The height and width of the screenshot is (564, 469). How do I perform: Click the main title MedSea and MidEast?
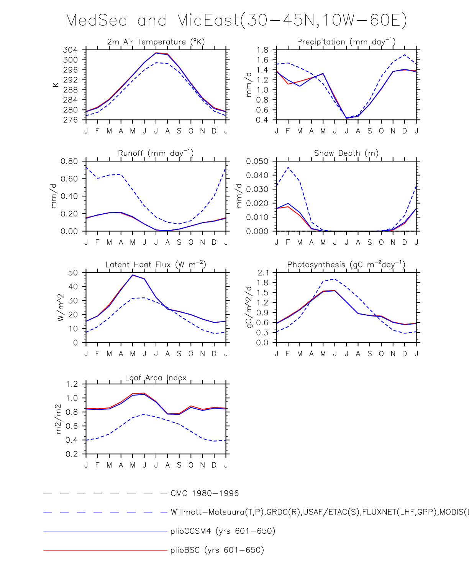[x=236, y=20]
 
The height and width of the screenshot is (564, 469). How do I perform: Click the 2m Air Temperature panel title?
[x=156, y=41]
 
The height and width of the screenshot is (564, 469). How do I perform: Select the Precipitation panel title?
[x=346, y=41]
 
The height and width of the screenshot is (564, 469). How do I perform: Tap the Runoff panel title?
[x=156, y=153]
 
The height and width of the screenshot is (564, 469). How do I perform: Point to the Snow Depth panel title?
[x=346, y=153]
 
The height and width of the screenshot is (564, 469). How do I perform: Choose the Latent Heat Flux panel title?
[x=156, y=264]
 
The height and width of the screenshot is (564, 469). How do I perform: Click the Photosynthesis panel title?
[x=346, y=264]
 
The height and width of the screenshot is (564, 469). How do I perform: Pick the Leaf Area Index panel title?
[x=156, y=378]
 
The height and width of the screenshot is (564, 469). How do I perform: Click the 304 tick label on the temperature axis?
[x=70, y=50]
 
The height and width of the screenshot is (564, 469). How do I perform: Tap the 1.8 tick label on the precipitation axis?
[x=262, y=50]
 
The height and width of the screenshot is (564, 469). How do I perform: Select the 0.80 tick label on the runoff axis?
[x=69, y=161]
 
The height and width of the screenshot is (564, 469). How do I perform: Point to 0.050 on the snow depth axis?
[x=257, y=161]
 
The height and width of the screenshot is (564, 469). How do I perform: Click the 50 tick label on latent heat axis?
[x=73, y=273]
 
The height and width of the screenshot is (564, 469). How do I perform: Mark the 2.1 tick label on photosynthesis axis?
[x=263, y=273]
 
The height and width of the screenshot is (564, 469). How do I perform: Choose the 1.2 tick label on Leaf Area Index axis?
[x=72, y=384]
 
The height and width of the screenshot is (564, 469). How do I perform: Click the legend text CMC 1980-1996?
[x=205, y=493]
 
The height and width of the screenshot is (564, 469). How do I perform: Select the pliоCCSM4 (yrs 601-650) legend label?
[x=223, y=531]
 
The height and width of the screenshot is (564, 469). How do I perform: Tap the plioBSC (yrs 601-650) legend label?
[x=217, y=550]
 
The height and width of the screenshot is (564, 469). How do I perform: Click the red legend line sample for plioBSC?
[x=105, y=550]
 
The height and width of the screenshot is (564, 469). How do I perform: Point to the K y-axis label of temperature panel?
[x=56, y=85]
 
